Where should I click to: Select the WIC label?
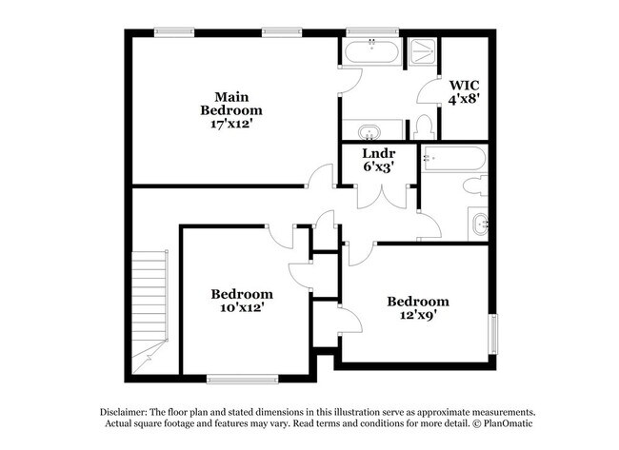click(465, 84)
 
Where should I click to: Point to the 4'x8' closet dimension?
click(465, 97)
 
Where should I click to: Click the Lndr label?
click(378, 152)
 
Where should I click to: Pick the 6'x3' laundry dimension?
click(378, 166)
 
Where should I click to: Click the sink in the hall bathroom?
click(479, 225)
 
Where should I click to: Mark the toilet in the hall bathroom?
click(475, 186)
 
